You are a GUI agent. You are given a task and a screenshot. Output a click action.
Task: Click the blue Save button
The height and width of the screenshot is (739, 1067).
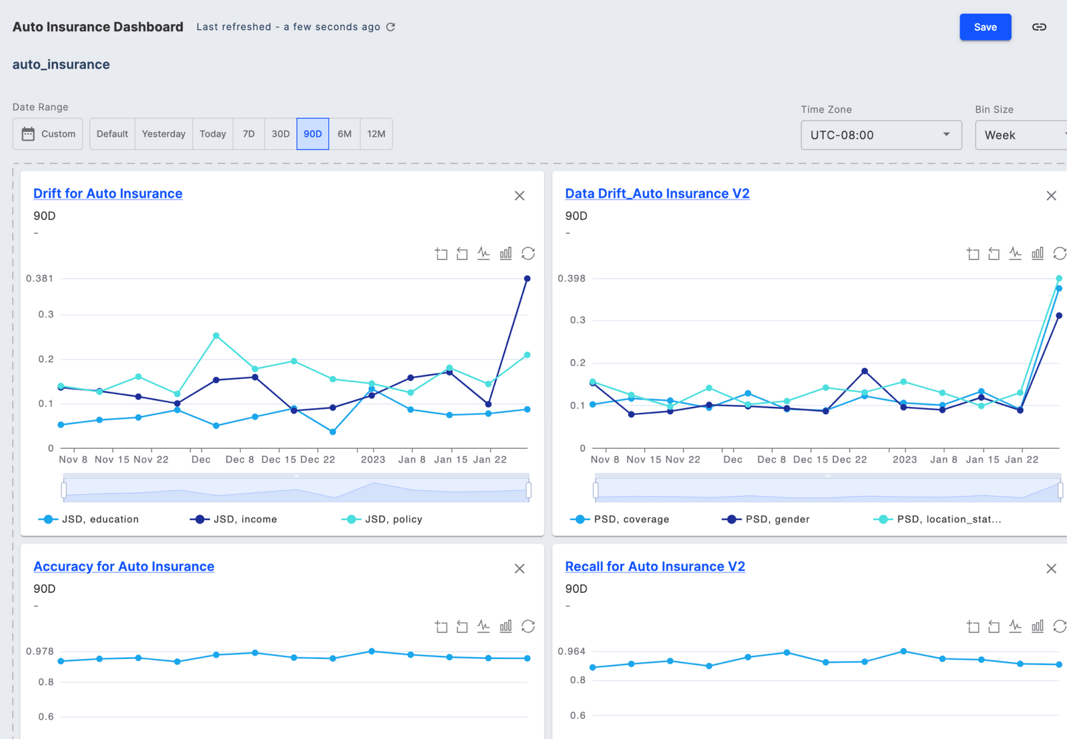point(985,27)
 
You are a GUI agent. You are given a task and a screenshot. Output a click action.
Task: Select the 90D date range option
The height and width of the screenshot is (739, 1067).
point(313,134)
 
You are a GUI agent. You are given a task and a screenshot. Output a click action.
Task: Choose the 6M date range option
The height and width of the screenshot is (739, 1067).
point(344,134)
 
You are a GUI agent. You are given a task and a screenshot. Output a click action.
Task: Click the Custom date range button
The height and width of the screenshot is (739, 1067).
point(48,134)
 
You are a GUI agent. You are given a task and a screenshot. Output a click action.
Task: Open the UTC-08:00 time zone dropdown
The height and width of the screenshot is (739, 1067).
point(880,135)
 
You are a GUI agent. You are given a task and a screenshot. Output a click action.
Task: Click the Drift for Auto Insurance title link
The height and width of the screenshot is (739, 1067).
point(108,193)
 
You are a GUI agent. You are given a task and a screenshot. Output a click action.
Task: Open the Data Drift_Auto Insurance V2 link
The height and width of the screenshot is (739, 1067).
point(657,193)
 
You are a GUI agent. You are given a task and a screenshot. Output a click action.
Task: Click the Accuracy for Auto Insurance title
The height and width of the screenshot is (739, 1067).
point(124,566)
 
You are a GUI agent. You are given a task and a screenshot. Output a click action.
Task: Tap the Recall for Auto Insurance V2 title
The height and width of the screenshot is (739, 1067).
point(655,566)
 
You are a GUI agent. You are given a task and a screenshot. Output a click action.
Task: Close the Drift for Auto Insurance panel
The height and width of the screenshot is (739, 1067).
point(519,195)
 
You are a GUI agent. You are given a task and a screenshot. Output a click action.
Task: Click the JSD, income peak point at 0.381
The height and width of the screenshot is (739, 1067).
point(527,279)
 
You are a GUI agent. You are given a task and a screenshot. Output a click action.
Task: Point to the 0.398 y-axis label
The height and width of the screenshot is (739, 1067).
point(572,278)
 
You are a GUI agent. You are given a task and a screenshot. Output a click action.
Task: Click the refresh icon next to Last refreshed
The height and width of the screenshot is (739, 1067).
point(391,27)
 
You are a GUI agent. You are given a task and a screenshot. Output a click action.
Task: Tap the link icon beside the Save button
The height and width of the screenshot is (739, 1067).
point(1039,27)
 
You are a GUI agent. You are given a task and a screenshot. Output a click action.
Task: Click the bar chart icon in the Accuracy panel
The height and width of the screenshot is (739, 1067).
point(506,626)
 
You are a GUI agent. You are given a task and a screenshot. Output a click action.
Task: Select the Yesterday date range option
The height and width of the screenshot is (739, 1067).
point(163,134)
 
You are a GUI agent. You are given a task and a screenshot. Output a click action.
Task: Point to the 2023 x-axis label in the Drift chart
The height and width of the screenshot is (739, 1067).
point(373,460)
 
